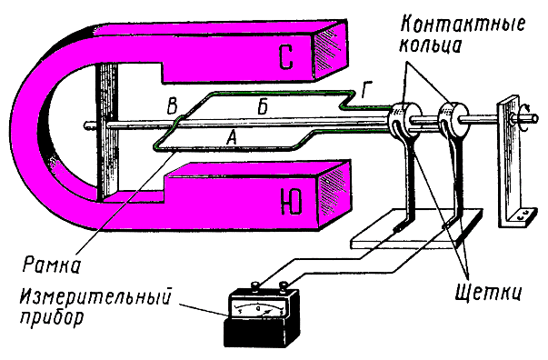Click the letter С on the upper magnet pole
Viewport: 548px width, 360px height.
click(286, 57)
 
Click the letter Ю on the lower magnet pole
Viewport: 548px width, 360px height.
click(291, 203)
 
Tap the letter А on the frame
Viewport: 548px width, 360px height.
click(231, 136)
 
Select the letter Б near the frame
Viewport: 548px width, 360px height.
click(264, 106)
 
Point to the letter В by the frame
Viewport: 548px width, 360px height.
click(173, 105)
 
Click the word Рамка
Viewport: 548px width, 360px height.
click(52, 265)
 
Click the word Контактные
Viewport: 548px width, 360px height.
click(463, 25)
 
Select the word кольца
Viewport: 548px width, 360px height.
click(432, 45)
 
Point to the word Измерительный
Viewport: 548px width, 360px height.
click(96, 297)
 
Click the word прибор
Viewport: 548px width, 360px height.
click(52, 318)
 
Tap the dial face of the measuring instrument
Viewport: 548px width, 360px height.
click(259, 310)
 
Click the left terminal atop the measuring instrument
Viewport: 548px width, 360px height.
click(255, 286)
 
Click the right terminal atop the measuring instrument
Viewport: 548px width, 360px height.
click(284, 286)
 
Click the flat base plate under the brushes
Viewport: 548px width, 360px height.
click(417, 228)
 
